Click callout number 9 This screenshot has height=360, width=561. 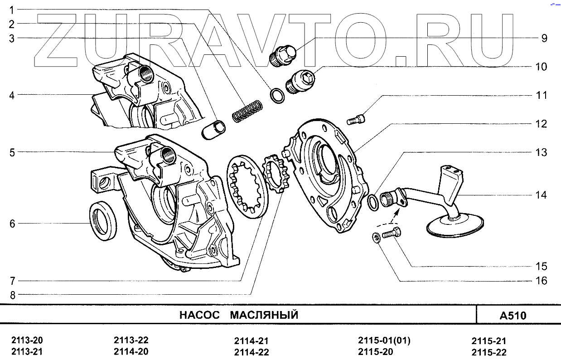544,38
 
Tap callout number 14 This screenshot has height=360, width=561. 541,195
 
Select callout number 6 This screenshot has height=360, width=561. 12,224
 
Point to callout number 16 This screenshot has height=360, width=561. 541,281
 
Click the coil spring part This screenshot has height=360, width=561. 247,111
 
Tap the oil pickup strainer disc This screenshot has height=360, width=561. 455,224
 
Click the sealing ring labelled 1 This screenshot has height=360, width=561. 277,95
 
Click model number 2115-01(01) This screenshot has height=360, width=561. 384,341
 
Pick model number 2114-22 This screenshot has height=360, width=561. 251,352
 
